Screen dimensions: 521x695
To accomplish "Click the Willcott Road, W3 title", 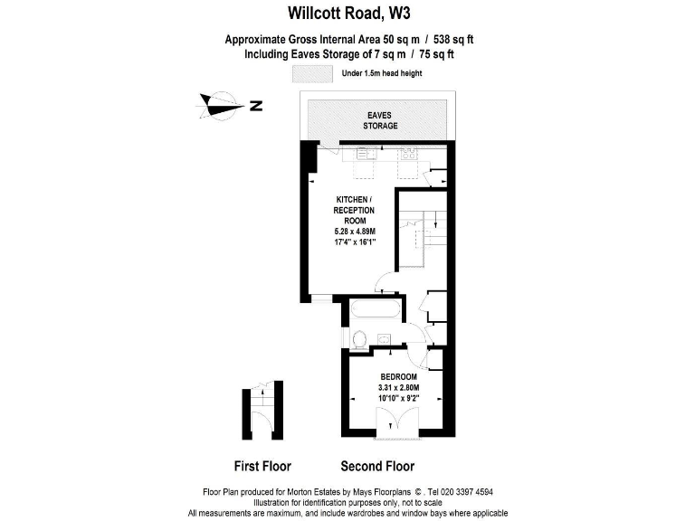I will [x=347, y=13].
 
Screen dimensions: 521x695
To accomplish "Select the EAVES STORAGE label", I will [x=381, y=120].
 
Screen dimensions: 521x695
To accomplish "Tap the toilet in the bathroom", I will [x=359, y=339].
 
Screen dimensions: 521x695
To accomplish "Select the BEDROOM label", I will [x=398, y=376].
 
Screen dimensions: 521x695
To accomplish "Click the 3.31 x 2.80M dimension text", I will [x=398, y=387].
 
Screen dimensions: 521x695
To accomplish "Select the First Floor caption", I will [x=262, y=467].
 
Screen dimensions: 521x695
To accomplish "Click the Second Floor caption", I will [x=377, y=467].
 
